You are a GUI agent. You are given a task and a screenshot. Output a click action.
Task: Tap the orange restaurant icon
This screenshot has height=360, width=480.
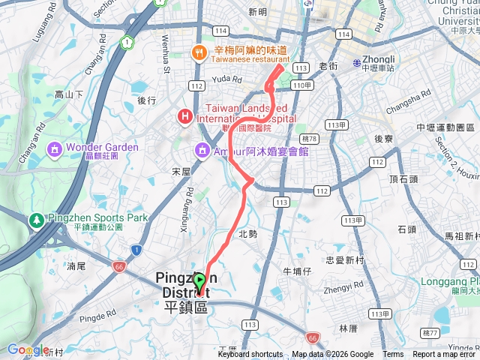pyautogui.click(x=199, y=52)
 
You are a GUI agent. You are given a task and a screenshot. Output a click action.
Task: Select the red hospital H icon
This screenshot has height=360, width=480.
pyautogui.click(x=184, y=116)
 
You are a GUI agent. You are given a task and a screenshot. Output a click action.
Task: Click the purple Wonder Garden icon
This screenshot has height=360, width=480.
pyautogui.click(x=54, y=148)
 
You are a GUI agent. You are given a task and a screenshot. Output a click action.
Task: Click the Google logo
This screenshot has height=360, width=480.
pyautogui.click(x=28, y=350)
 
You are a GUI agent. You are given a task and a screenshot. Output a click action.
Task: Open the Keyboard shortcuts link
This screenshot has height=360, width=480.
pyautogui.click(x=250, y=355)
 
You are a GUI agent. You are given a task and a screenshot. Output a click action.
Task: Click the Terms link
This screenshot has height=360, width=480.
pyautogui.click(x=393, y=355)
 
